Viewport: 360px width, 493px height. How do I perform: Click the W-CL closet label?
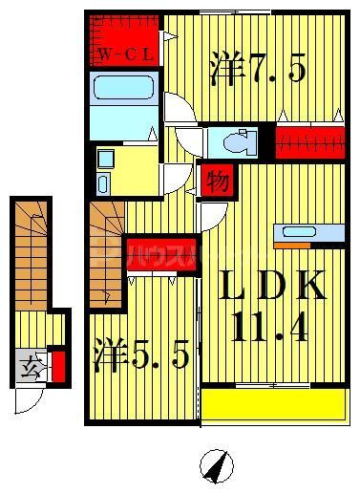tap(125, 54)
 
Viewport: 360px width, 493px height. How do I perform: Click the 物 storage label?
tap(217, 180)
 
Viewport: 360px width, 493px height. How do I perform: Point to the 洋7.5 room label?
tap(257, 70)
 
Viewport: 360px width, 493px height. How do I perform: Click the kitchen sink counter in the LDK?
tap(307, 232)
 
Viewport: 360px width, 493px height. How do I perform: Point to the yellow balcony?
tap(272, 404)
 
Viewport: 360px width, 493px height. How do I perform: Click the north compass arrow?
tap(218, 467)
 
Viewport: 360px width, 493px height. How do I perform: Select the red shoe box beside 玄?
tap(58, 366)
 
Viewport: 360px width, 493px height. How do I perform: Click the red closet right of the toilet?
tap(309, 142)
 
